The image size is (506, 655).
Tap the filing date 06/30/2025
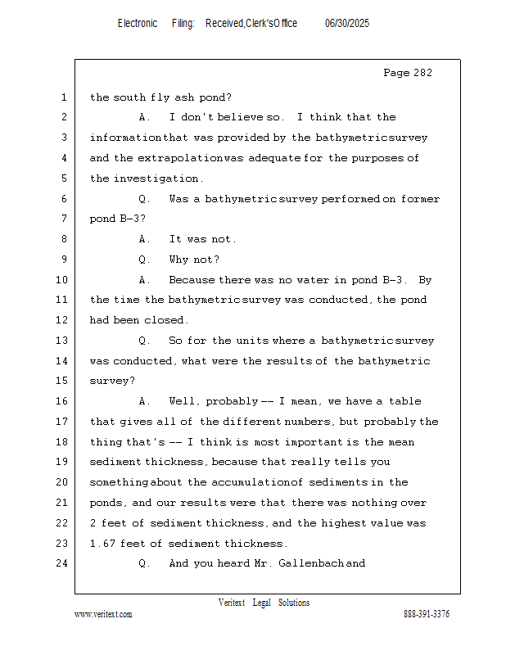coord(347,24)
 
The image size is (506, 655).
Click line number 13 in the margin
coord(63,341)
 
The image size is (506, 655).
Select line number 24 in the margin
coord(63,563)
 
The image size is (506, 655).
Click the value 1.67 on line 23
coord(104,543)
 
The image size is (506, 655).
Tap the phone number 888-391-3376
coord(427,614)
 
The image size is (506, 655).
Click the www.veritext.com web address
coord(103,614)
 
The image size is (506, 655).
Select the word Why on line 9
coord(179,260)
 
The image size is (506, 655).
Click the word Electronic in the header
coord(138,24)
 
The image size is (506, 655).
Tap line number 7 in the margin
coord(63,219)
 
